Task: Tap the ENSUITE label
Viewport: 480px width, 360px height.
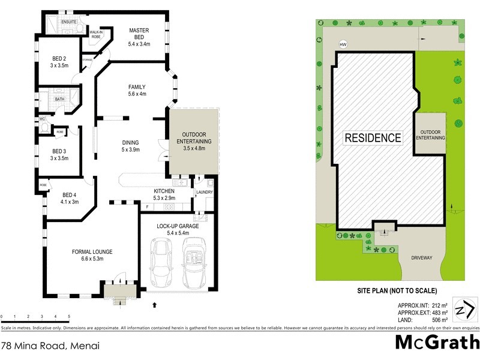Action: [x=69, y=22]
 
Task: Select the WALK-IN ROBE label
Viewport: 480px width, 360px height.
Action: [x=96, y=34]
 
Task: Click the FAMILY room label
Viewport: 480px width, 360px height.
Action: [x=137, y=87]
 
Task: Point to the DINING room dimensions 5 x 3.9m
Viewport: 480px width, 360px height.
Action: [x=131, y=150]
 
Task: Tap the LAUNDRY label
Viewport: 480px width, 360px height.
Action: [x=205, y=193]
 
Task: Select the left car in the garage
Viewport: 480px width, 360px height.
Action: [x=161, y=263]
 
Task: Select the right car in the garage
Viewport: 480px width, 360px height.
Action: [x=194, y=262]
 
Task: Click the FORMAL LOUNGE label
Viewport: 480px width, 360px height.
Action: [x=92, y=251]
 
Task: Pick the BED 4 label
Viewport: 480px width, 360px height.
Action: [x=70, y=194]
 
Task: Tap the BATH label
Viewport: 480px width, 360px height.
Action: [x=59, y=99]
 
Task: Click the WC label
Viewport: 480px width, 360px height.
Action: [x=42, y=119]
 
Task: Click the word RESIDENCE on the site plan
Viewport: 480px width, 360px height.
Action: [x=373, y=137]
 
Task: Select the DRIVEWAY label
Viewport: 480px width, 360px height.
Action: [x=421, y=257]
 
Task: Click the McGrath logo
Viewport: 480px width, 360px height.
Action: [x=437, y=343]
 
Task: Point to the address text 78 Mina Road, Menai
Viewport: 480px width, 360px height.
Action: [x=49, y=346]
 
